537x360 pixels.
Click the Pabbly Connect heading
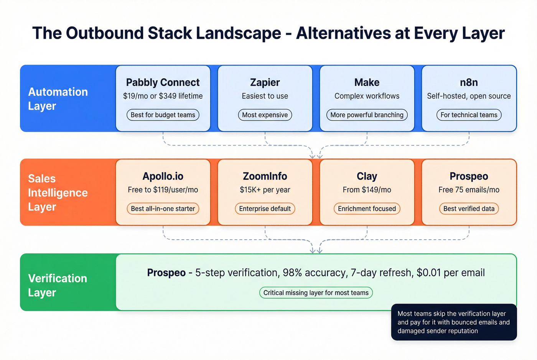click(x=163, y=82)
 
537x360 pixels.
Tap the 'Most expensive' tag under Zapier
click(x=265, y=115)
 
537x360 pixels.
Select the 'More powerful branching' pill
click(x=367, y=115)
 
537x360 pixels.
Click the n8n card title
click(x=469, y=82)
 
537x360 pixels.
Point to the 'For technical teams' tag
click(x=469, y=115)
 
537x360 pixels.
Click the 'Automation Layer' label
click(x=58, y=99)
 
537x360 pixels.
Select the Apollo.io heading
click(x=163, y=176)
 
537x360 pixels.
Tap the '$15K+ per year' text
click(x=265, y=190)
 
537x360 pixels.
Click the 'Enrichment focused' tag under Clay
click(x=367, y=209)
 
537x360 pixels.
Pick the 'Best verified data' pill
click(x=469, y=209)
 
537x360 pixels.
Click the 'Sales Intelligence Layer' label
click(x=58, y=192)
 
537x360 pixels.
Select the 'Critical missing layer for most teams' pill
click(x=316, y=293)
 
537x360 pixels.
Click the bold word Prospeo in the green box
click(x=166, y=273)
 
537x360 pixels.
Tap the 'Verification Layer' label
click(x=58, y=285)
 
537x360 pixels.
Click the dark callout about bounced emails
click(x=454, y=322)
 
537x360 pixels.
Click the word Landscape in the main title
click(x=239, y=33)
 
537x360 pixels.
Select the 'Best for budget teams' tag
click(x=163, y=115)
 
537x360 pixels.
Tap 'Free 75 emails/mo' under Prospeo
click(x=469, y=190)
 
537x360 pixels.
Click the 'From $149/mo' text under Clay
click(x=367, y=190)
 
